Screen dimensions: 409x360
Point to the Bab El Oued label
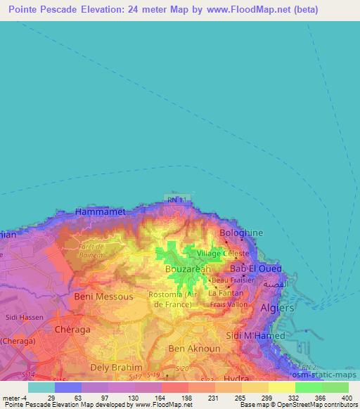pos(257,269)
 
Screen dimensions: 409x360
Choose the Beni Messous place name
pos(103,297)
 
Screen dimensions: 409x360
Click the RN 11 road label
pos(176,200)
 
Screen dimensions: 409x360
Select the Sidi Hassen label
pos(20,318)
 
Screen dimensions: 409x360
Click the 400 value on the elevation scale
pos(345,397)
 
